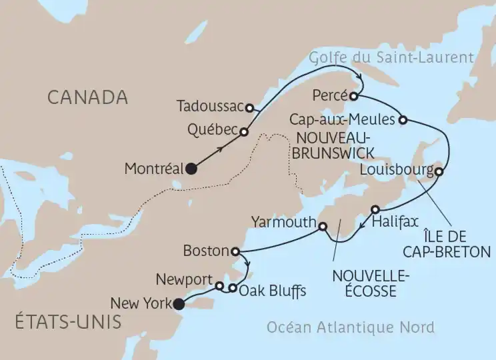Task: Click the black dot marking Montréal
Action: click(192, 169)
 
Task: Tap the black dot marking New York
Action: click(178, 305)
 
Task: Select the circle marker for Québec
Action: click(244, 132)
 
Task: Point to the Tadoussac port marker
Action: click(249, 107)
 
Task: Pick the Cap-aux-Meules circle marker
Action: click(403, 120)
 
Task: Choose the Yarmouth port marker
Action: click(323, 227)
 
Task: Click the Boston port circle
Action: click(235, 251)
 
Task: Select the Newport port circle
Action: click(220, 286)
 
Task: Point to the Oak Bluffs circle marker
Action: click(232, 289)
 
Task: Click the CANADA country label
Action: click(87, 97)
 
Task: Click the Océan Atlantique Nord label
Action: click(350, 327)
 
